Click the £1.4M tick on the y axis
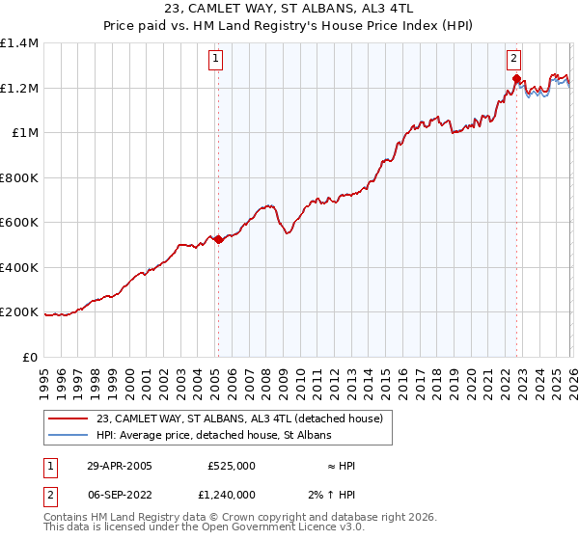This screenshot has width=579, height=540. point(19,43)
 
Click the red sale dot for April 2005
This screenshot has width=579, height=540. point(219,240)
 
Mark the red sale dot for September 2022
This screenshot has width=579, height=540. point(517,80)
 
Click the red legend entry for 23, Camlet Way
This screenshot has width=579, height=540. point(240,418)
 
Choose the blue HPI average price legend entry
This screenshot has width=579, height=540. point(213,436)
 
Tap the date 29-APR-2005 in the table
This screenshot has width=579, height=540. point(119,467)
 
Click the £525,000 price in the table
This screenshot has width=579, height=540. point(232,467)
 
